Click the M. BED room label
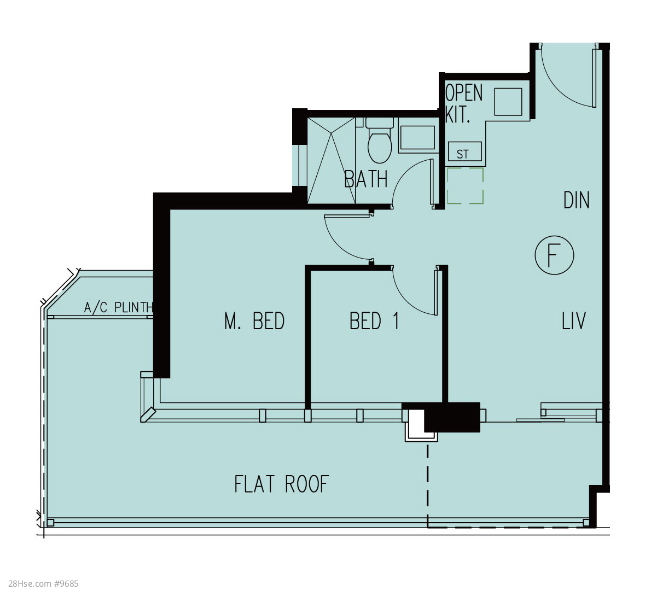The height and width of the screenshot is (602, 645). tap(254, 321)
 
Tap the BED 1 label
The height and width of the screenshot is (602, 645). tap(374, 321)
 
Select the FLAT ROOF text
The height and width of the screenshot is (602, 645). tap(281, 484)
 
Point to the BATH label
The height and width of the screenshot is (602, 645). tap(365, 179)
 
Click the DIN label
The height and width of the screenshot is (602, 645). tap(576, 200)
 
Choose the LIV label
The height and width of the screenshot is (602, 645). tap(573, 321)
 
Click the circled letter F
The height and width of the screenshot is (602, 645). tap(554, 255)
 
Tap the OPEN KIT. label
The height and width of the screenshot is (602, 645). tap(463, 104)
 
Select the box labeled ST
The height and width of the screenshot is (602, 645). tap(465, 151)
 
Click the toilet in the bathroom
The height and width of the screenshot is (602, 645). tap(379, 140)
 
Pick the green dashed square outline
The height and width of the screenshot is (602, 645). tap(465, 185)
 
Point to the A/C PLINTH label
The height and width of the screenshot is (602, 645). tap(119, 307)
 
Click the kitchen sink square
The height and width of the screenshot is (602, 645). tap(508, 102)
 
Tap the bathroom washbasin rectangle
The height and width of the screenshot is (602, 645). tap(417, 138)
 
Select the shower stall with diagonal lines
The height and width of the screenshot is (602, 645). tap(331, 160)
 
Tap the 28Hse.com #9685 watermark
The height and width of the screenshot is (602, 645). tap(43, 583)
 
